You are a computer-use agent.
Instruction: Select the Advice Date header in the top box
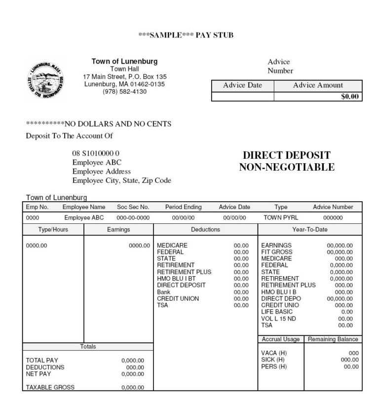(242, 85)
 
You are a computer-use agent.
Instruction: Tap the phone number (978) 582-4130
(124, 92)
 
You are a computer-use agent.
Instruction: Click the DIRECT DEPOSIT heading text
(287, 156)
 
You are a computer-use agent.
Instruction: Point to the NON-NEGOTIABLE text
(287, 168)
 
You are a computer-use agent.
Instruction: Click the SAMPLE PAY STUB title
(186, 35)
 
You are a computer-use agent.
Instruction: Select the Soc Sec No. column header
(133, 207)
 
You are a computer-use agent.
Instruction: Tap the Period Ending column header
(183, 207)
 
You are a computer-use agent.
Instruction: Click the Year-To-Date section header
(310, 230)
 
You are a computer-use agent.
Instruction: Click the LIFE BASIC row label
(277, 312)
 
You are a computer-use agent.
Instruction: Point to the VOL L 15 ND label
(278, 319)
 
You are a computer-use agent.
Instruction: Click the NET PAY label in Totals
(38, 374)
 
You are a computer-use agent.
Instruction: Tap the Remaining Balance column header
(333, 339)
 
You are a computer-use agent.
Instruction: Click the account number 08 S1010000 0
(96, 153)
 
